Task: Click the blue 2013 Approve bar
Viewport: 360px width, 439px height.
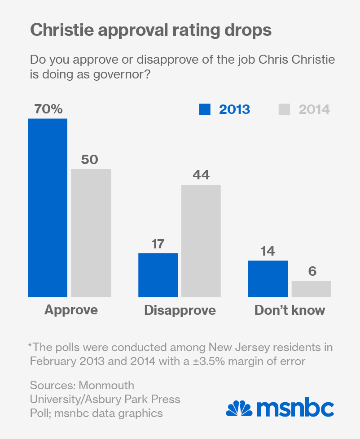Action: point(48,208)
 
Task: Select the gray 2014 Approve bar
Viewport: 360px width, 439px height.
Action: point(91,233)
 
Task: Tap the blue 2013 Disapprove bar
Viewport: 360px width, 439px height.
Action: point(158,275)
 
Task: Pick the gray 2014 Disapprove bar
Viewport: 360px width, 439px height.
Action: point(201,240)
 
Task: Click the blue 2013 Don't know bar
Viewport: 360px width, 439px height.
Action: point(268,278)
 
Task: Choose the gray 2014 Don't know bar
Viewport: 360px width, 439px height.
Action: point(311,289)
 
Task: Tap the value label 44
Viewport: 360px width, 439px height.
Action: point(201,175)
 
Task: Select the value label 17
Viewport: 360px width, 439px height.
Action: point(158,244)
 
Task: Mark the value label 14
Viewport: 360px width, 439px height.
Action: point(268,251)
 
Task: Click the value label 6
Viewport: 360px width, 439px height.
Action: point(311,271)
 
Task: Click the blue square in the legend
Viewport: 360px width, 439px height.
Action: point(205,109)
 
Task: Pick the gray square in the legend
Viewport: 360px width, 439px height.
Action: point(284,109)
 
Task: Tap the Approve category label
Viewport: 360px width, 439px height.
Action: point(71,310)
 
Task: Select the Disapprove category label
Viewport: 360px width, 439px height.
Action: point(180,310)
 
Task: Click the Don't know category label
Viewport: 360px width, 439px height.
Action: point(290,310)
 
